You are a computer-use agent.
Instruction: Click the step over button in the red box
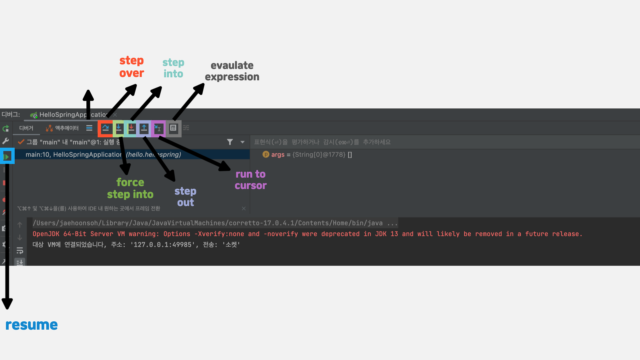tap(106, 128)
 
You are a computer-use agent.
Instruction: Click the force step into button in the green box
tap(118, 128)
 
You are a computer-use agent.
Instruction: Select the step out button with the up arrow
tap(144, 128)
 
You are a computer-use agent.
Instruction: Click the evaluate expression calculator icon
tap(173, 128)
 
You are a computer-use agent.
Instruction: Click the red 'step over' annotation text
tap(132, 67)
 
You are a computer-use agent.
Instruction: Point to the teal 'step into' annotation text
tap(173, 68)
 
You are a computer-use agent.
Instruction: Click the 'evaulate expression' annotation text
tap(232, 71)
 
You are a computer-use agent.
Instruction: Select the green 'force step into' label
tap(130, 188)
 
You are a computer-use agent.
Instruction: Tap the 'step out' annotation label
tap(185, 197)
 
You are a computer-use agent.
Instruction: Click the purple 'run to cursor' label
tap(251, 180)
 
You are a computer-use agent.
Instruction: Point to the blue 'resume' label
tap(32, 325)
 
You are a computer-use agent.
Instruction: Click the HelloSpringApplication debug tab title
tap(72, 115)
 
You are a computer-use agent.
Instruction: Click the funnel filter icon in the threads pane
tap(230, 142)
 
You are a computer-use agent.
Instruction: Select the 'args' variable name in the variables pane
tap(278, 155)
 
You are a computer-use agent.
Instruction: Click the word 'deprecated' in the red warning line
tap(340, 234)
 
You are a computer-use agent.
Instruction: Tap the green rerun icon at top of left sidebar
tap(6, 128)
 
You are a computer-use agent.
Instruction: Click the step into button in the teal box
tap(131, 128)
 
